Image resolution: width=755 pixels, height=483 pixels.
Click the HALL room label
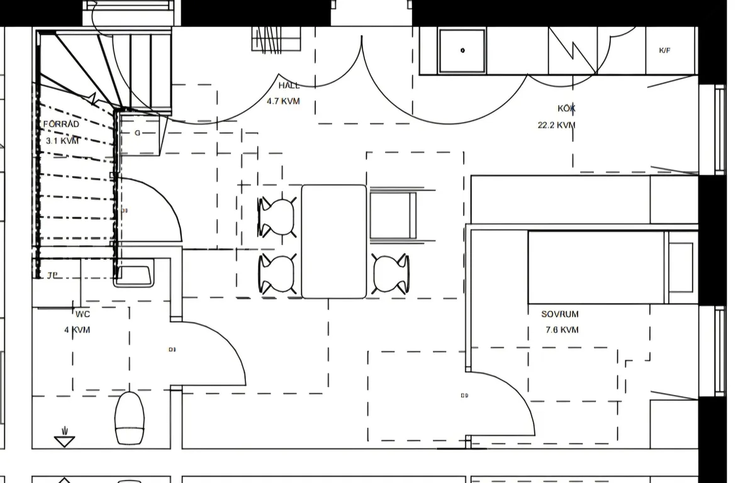[289, 86]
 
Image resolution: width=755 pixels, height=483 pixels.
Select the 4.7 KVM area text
[283, 101]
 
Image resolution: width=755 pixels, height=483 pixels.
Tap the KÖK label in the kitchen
[566, 109]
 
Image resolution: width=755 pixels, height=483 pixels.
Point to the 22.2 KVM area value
[556, 125]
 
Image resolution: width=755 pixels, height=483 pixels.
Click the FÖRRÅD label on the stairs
[61, 125]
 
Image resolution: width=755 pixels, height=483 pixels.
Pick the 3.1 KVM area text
[62, 141]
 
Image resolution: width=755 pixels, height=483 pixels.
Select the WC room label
[82, 314]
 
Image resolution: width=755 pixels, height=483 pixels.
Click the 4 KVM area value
[77, 330]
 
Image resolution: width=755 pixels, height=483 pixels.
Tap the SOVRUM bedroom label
[560, 314]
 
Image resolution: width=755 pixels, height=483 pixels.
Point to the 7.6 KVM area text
[560, 330]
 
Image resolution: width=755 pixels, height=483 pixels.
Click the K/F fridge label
[664, 51]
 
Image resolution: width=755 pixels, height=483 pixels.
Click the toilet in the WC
[130, 418]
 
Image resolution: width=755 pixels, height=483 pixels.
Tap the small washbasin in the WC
[133, 275]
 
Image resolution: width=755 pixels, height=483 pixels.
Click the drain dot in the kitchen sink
[462, 50]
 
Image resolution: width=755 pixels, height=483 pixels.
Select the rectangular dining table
[333, 241]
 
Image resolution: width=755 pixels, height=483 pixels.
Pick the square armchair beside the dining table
[394, 216]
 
